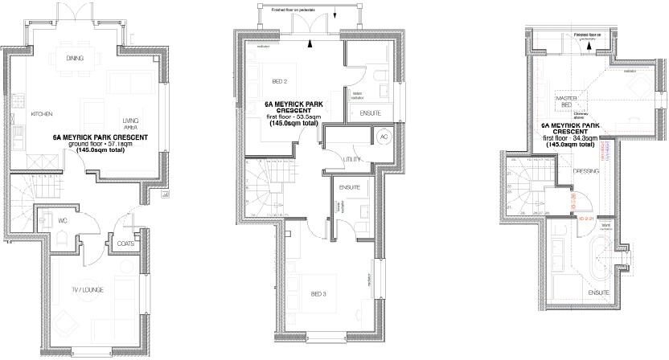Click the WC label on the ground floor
click(84, 219)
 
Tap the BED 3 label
click(318, 295)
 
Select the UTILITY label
click(352, 160)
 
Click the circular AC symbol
click(384, 136)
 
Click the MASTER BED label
click(568, 101)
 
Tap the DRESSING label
click(586, 170)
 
